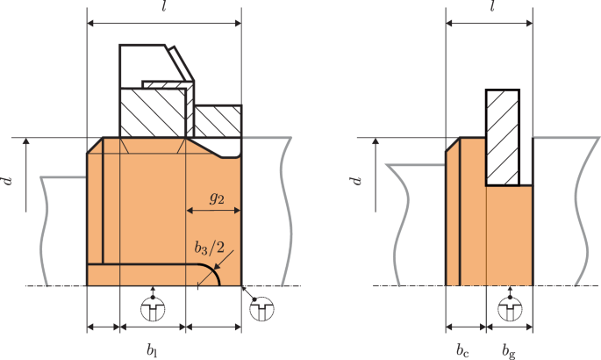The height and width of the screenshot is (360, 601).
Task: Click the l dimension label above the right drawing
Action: click(492, 7)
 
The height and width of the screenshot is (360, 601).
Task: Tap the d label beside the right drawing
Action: click(355, 182)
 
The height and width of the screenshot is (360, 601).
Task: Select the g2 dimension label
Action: click(216, 198)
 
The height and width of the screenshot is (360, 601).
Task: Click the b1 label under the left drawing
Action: click(152, 349)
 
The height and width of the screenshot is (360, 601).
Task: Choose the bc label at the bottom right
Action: click(462, 349)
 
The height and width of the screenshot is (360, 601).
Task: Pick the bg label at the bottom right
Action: click(508, 349)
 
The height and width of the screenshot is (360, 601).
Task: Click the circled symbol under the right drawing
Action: click(508, 308)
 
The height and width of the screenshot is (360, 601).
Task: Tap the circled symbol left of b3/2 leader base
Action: click(153, 308)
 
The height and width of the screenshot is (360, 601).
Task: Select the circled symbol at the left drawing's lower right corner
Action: click(261, 310)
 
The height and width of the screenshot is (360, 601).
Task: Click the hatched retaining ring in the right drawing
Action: click(503, 136)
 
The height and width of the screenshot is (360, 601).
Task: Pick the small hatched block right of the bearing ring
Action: click(218, 121)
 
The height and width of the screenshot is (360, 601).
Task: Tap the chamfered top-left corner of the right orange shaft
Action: click(453, 145)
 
